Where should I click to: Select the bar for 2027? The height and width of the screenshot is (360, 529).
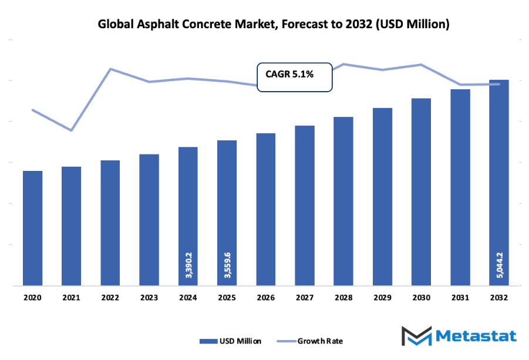[x=305, y=206]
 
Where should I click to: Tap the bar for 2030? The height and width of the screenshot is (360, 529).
[x=421, y=192]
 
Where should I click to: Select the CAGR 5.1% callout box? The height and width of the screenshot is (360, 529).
[x=295, y=77]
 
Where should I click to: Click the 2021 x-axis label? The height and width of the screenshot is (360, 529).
[x=71, y=298]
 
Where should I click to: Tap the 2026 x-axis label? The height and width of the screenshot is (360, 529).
[x=265, y=298]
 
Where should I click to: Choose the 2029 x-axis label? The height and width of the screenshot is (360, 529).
[x=382, y=298]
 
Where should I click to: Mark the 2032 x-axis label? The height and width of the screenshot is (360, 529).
[x=498, y=298]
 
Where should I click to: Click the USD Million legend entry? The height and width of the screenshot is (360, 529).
[x=231, y=341]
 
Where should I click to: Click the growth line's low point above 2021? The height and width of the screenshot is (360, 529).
[x=71, y=130]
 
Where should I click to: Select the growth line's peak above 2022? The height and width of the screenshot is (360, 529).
[x=110, y=69]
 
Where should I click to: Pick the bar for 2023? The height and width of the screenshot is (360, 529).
[x=149, y=220]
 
